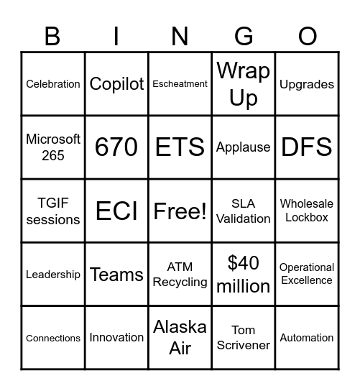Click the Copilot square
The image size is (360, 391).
116,84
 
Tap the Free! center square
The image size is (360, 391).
180,211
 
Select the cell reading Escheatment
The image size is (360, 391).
180,84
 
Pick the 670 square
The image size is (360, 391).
116,147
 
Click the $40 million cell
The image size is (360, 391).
243,274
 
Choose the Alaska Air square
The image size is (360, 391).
180,337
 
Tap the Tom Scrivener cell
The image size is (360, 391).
243,337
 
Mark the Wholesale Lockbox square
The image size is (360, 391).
306,211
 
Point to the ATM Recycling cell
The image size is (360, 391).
180,274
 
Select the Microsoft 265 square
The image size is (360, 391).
53,147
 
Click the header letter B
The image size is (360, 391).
53,36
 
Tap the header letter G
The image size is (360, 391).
243,36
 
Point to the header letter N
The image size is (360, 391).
180,36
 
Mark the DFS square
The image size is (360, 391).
306,147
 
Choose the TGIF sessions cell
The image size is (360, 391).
53,211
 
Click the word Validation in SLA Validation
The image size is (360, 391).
243,218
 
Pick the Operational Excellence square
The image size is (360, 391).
306,274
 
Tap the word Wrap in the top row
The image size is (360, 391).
243,71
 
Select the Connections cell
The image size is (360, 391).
53,337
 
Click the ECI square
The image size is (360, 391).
116,211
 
